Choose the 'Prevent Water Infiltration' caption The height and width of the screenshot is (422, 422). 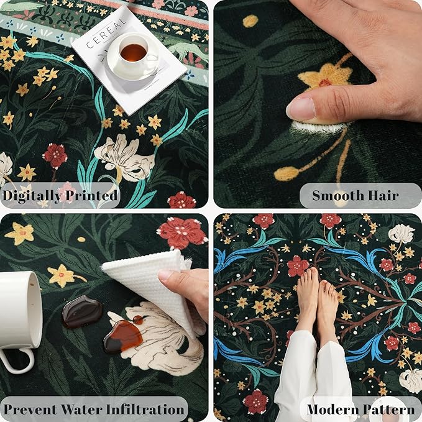tap(94, 410)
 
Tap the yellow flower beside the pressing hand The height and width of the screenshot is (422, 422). tap(324, 77)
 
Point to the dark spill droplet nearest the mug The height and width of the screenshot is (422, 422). tap(81, 311)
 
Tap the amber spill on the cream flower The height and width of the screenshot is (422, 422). tap(123, 336)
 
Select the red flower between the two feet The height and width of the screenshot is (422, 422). tap(298, 265)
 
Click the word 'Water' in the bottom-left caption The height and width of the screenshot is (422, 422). tap(84, 410)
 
